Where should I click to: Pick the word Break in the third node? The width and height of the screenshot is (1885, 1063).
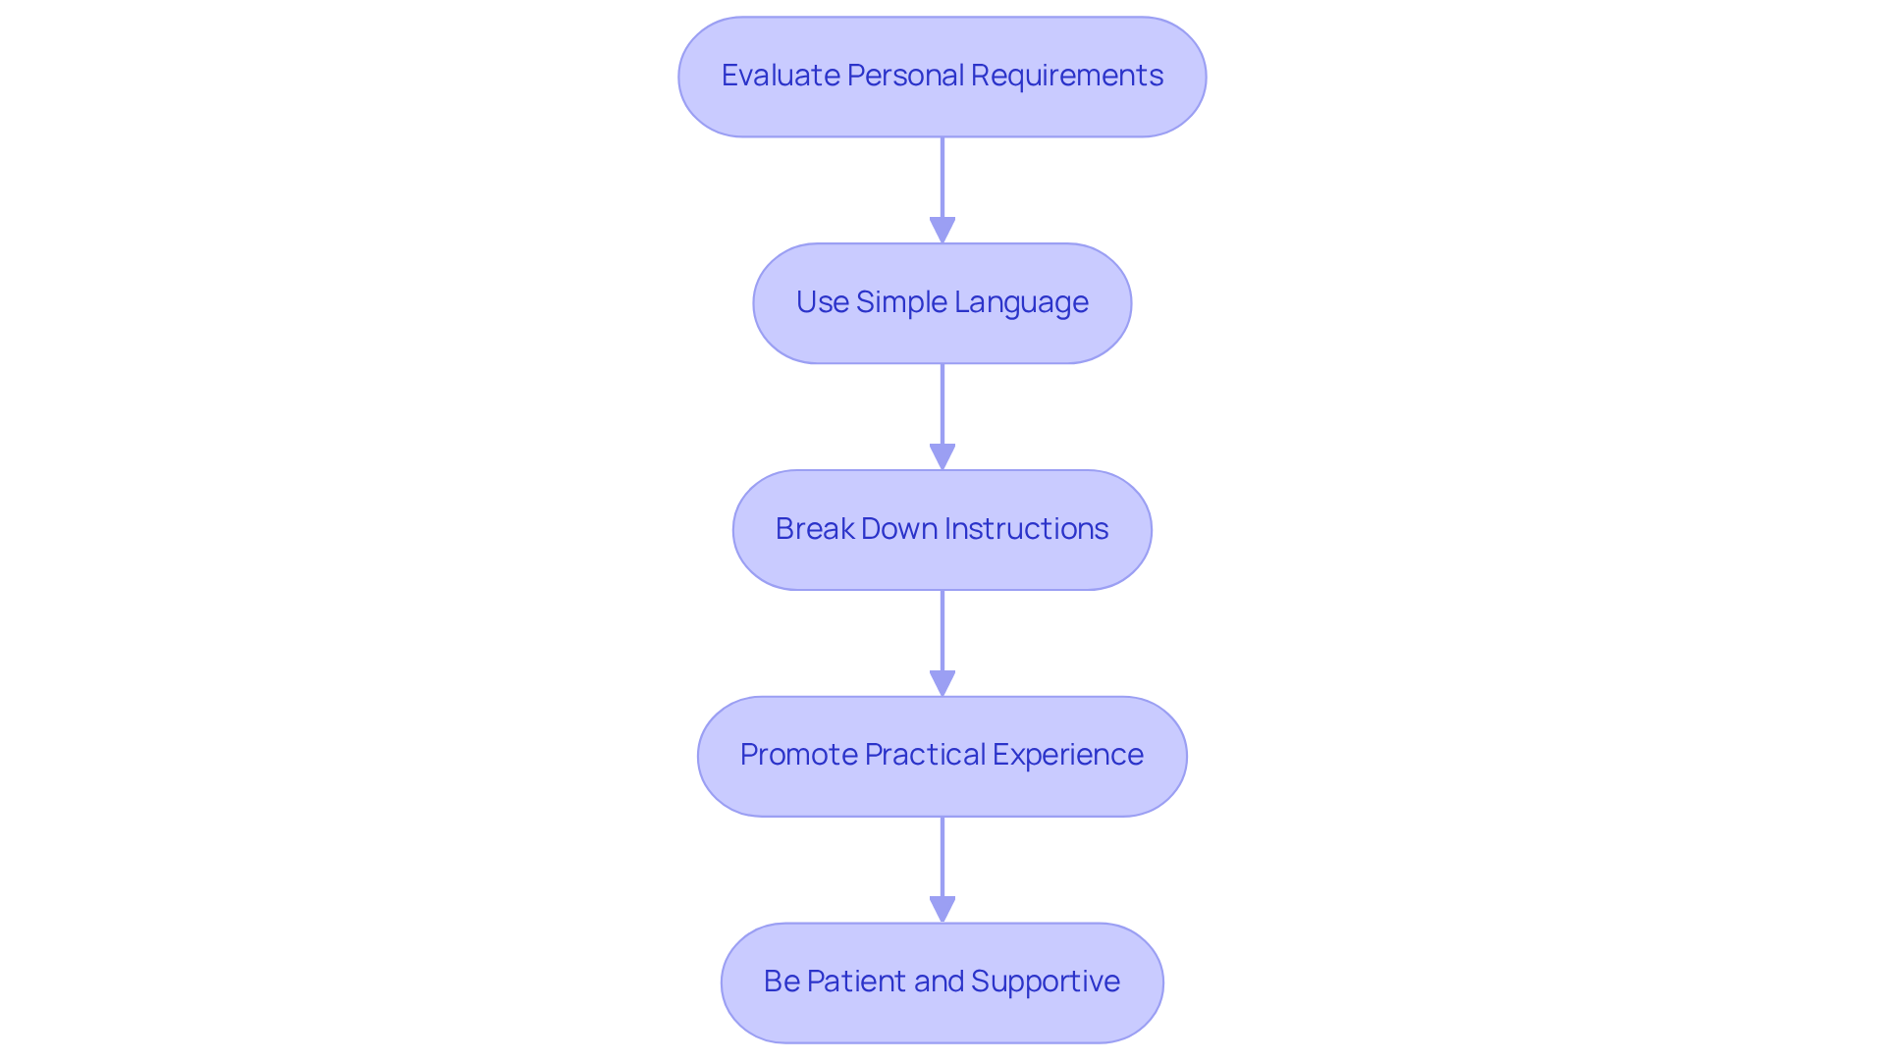814,529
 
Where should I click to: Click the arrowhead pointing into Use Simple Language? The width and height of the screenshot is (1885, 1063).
942,231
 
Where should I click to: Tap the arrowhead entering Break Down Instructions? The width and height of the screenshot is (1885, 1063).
942,457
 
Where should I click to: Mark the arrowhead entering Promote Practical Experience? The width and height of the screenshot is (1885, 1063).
942,684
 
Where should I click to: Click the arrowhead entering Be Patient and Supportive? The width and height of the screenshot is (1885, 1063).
942,910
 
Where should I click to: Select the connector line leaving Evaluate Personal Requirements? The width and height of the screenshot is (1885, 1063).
942,177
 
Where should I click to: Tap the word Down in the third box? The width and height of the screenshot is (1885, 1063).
888,529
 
